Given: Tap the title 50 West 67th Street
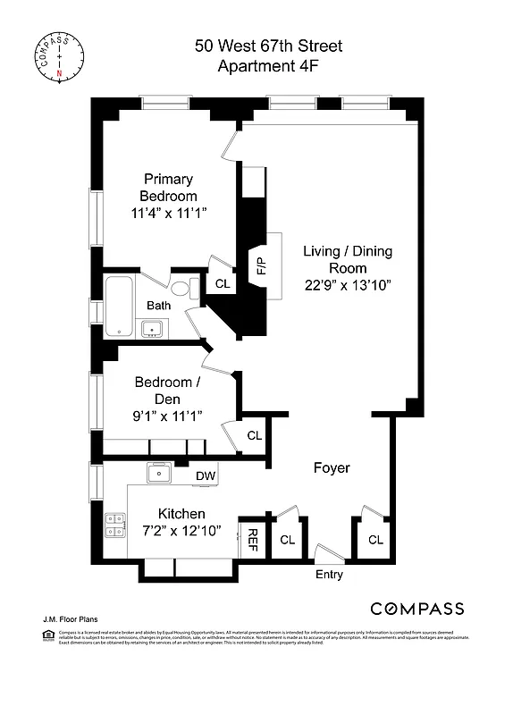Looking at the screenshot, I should point(268,46).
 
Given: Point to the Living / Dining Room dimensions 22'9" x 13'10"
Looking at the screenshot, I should point(348,285).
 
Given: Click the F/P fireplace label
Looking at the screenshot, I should point(261,265).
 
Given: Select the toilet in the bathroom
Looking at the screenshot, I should point(181,289).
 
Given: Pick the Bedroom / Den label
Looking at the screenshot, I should point(167,391).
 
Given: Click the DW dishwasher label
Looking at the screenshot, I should point(206,475).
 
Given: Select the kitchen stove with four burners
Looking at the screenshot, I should point(115,524).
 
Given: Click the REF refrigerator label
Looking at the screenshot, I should point(252,539).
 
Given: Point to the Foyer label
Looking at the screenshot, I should point(331,467).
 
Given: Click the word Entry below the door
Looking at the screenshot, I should point(329,575).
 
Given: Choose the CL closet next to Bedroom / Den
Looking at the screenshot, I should point(254,435).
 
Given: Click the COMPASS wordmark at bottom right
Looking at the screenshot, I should point(417,609).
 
